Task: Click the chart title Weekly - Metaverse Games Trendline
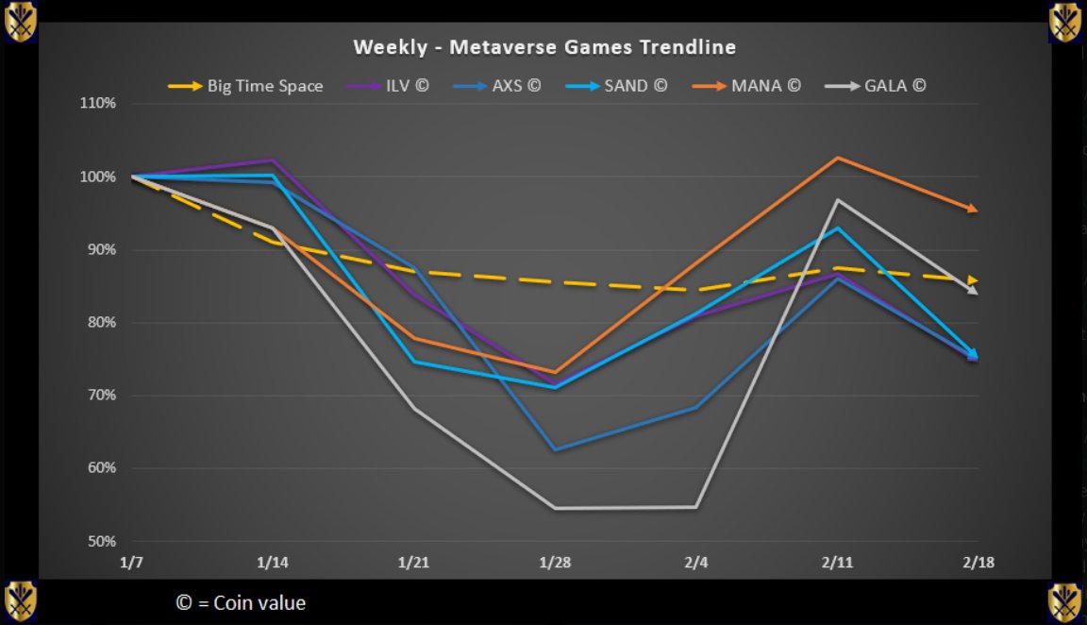point(544,46)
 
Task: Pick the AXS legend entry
point(521,86)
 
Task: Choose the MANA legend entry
point(765,86)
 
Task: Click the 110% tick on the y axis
point(98,103)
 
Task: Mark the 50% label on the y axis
point(101,541)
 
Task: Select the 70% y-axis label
point(101,396)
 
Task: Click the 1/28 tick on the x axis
point(555,562)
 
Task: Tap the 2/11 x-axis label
point(837,562)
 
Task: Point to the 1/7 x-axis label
point(132,562)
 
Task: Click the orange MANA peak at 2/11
point(837,158)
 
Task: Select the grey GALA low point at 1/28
point(555,508)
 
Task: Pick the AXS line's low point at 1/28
point(555,449)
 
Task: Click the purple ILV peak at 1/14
point(273,160)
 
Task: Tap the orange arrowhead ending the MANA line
point(973,209)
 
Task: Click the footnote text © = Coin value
point(241,602)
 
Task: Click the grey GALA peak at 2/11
point(837,199)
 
